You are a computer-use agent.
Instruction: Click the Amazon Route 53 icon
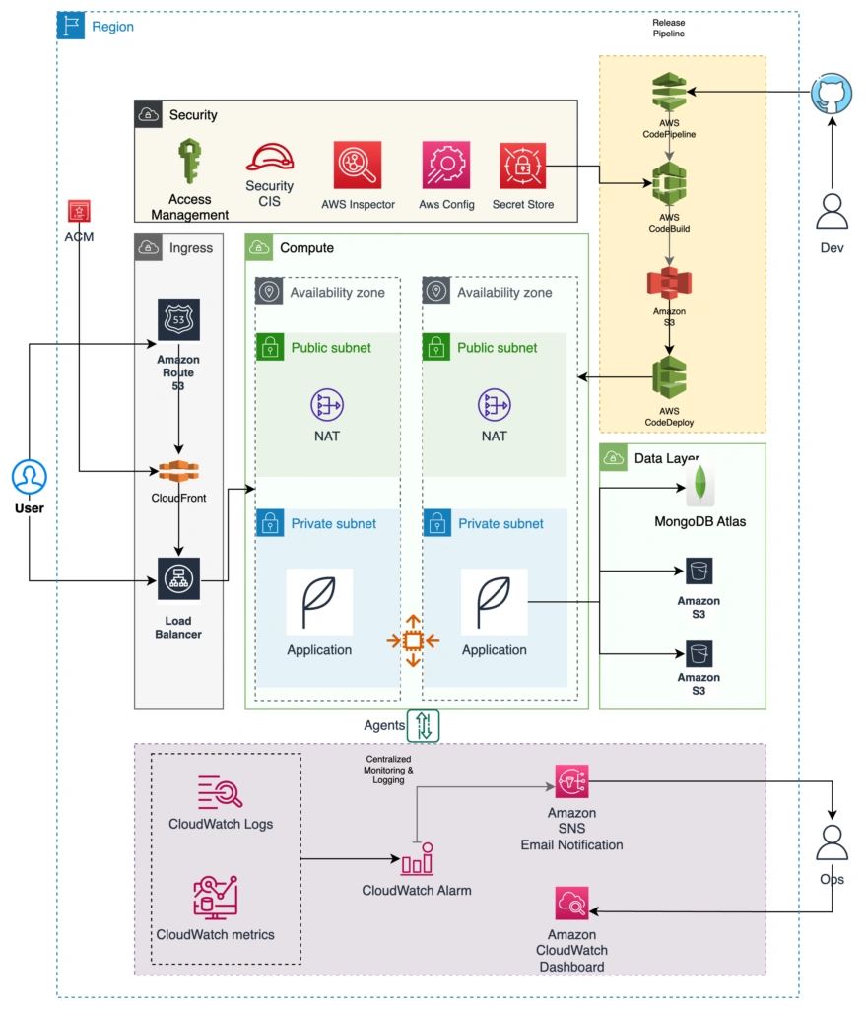coord(178,320)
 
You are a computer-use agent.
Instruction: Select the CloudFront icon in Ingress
coord(178,472)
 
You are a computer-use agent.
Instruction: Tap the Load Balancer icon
coord(178,579)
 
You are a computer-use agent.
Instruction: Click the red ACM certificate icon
coord(79,211)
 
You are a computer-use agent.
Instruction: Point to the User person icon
coord(30,478)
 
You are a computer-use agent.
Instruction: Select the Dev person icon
coord(833,212)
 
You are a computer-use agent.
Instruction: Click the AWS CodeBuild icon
coord(670,183)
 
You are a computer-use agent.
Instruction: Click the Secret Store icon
coord(522,165)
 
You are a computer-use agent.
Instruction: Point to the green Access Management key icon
coord(189,163)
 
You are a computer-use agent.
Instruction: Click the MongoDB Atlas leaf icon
coord(699,485)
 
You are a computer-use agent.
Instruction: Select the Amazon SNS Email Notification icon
coord(571,782)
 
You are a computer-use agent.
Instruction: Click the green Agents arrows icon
coord(424,725)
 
